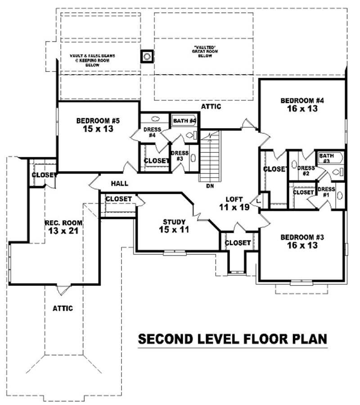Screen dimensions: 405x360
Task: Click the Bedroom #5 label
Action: tap(98, 120)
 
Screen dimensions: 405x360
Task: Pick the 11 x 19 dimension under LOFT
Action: tap(234, 207)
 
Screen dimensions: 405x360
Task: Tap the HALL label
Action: tap(119, 183)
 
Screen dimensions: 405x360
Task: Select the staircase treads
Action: tap(210, 157)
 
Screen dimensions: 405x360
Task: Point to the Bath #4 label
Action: tap(184, 121)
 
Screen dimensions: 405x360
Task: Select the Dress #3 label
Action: tap(180, 156)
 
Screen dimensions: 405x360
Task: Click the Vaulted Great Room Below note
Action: tap(204, 51)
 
